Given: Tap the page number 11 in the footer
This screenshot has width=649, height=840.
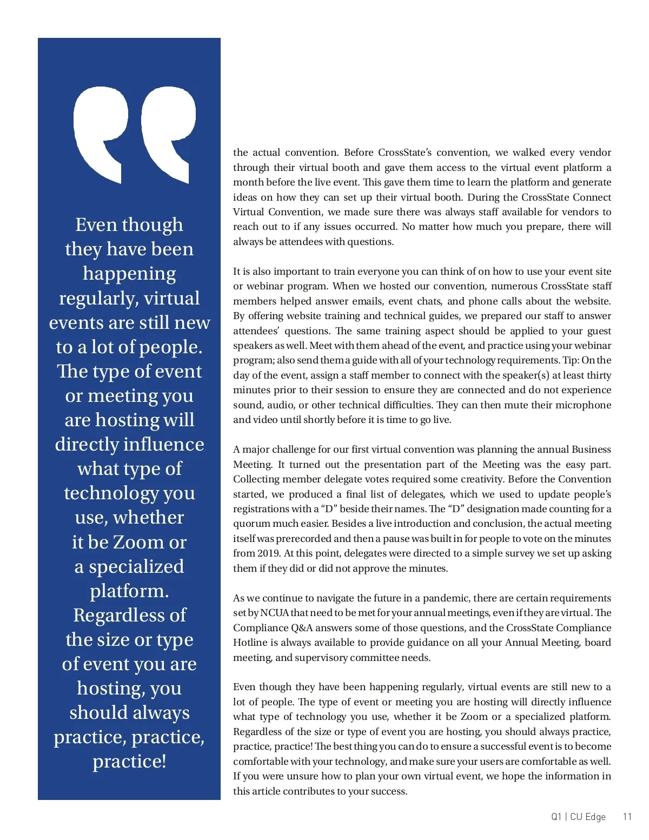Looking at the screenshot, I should [x=627, y=817].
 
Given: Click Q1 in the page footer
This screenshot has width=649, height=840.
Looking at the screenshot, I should [x=557, y=817].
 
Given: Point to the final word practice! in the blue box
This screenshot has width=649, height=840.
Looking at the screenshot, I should [x=129, y=761].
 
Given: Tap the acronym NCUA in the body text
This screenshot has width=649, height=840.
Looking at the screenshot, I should [x=274, y=613].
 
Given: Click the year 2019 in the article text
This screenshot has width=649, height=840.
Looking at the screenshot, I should [x=264, y=553].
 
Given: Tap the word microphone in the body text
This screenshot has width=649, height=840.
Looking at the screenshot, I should [x=587, y=405].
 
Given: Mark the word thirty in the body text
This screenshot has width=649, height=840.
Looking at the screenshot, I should [x=598, y=375].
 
